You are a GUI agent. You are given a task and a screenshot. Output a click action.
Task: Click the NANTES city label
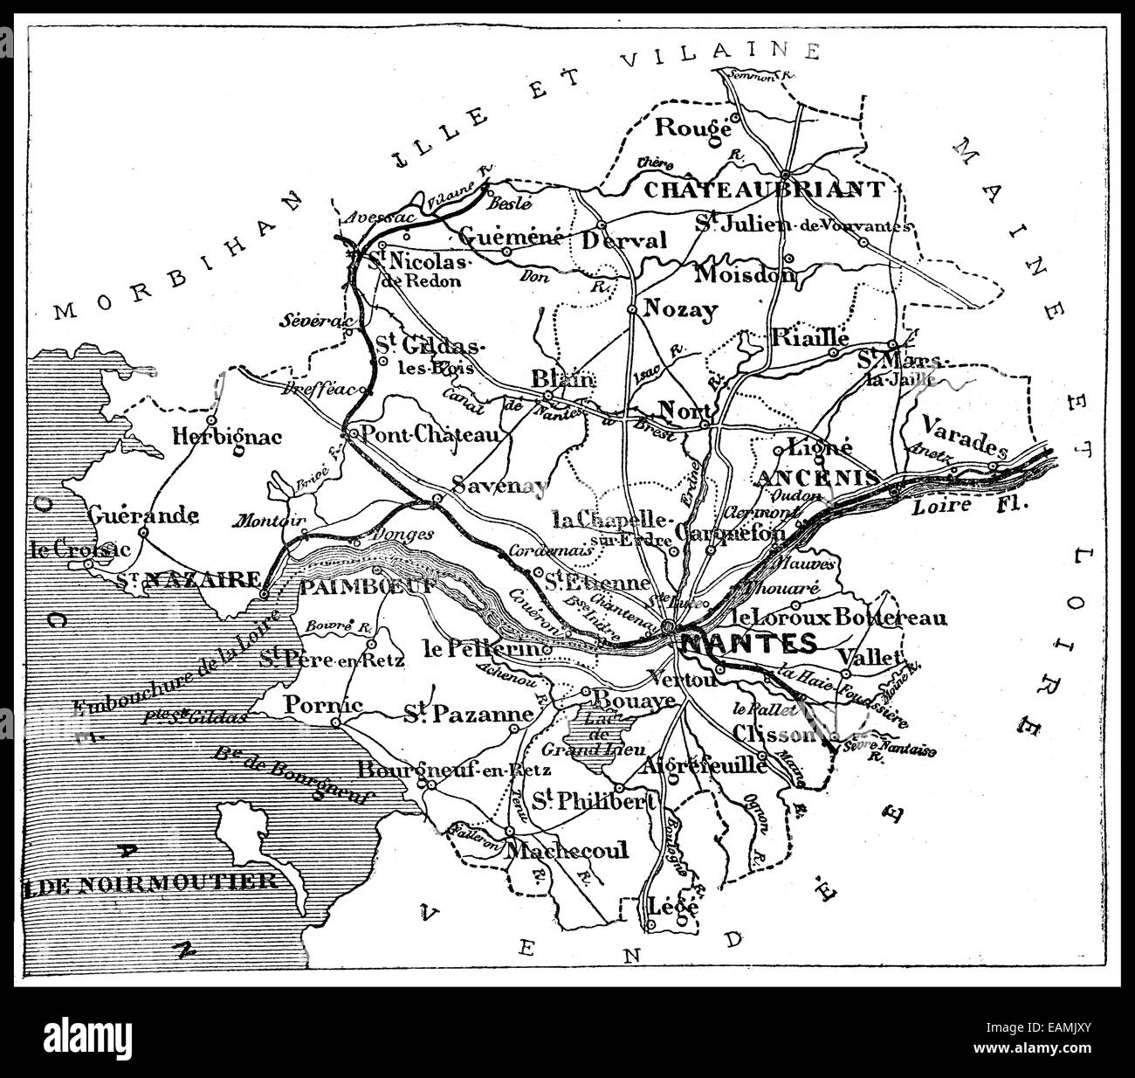(748, 644)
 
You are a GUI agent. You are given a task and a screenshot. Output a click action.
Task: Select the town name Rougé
(692, 127)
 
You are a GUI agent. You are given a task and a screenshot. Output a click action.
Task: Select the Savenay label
(500, 487)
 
